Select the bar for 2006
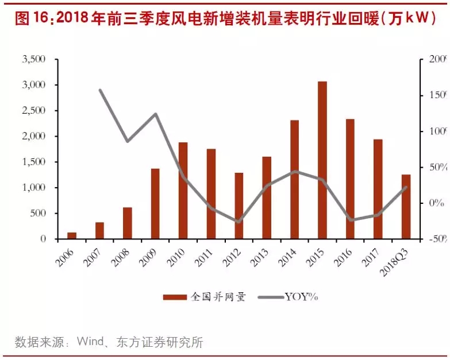pos(72,235)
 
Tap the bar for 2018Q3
pos(406,206)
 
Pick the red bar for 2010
pos(183,190)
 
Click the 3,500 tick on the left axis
pos(33,59)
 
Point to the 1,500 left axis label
pos(33,162)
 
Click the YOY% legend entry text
pos(301,297)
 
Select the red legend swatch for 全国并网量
pos(175,297)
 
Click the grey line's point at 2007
pos(99,90)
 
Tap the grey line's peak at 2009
pos(155,114)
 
